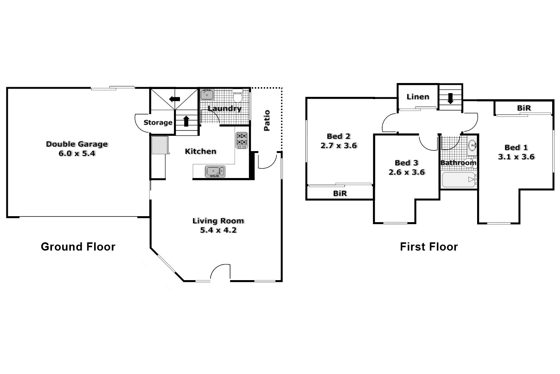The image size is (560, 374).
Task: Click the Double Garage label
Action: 77,144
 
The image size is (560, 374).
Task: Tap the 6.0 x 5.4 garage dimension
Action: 77,153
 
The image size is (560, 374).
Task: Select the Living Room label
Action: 218,221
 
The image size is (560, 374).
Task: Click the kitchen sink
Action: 215,171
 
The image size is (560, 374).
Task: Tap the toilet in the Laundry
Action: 237,96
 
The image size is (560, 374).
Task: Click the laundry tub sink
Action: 207,95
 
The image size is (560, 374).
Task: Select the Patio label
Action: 267,120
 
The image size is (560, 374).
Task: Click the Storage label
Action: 158,123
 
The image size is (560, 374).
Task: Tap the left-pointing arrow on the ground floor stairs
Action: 174,99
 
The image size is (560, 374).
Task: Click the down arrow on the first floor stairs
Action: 450,98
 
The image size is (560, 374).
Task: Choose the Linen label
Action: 418,97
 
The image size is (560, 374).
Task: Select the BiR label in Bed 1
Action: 524,108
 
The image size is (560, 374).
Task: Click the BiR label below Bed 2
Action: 340,193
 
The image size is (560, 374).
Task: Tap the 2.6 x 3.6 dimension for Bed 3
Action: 407,172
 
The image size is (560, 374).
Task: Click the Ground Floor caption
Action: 78,247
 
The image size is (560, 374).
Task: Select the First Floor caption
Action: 429,247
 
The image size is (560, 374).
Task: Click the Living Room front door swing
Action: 220,272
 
